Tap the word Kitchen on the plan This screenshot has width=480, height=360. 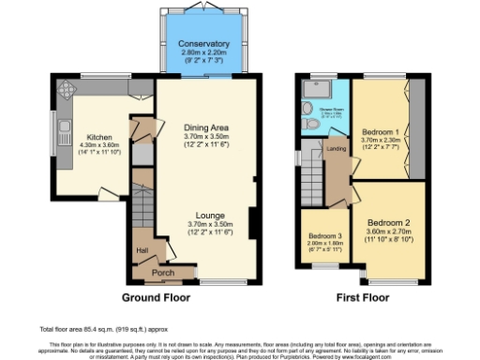99,135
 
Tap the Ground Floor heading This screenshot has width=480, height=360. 156,297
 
